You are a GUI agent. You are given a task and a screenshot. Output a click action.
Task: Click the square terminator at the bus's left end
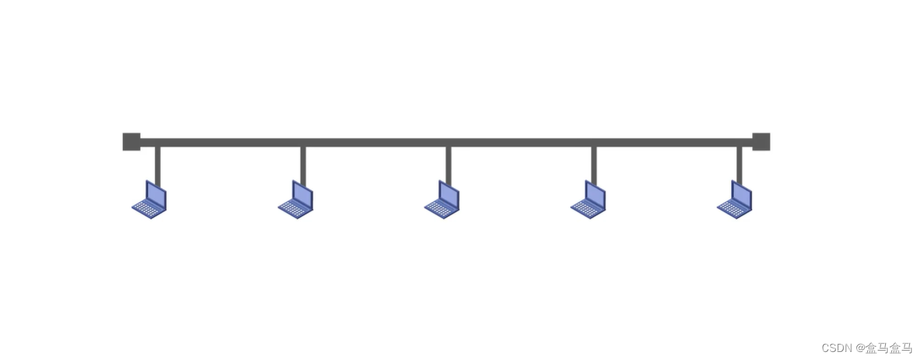pyautogui.click(x=131, y=142)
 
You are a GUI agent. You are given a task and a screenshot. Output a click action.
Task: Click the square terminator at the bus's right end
pyautogui.click(x=761, y=142)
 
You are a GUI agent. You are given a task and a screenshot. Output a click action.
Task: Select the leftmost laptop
pyautogui.click(x=149, y=199)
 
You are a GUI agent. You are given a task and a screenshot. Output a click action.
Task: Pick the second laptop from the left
pyautogui.click(x=296, y=199)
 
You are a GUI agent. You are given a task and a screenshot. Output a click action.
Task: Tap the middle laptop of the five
pyautogui.click(x=442, y=199)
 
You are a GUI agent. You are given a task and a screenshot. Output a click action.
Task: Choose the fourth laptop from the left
pyautogui.click(x=588, y=199)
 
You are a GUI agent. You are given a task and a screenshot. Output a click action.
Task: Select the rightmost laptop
pyautogui.click(x=735, y=199)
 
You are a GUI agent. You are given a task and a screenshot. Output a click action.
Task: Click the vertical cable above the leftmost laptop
pyautogui.click(x=158, y=167)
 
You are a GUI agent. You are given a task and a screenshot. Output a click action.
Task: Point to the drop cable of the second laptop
pyautogui.click(x=303, y=167)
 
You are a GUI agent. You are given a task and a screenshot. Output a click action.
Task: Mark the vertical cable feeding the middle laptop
pyautogui.click(x=449, y=167)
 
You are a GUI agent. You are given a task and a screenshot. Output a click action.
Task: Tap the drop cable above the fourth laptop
pyautogui.click(x=594, y=167)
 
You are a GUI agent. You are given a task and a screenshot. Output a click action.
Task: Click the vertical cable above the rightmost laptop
pyautogui.click(x=739, y=167)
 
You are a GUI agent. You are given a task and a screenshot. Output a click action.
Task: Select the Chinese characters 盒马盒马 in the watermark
pyautogui.click(x=889, y=348)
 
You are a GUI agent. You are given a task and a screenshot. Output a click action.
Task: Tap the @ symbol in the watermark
pyautogui.click(x=860, y=348)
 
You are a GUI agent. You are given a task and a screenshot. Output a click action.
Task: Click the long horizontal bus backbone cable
pyautogui.click(x=446, y=143)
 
